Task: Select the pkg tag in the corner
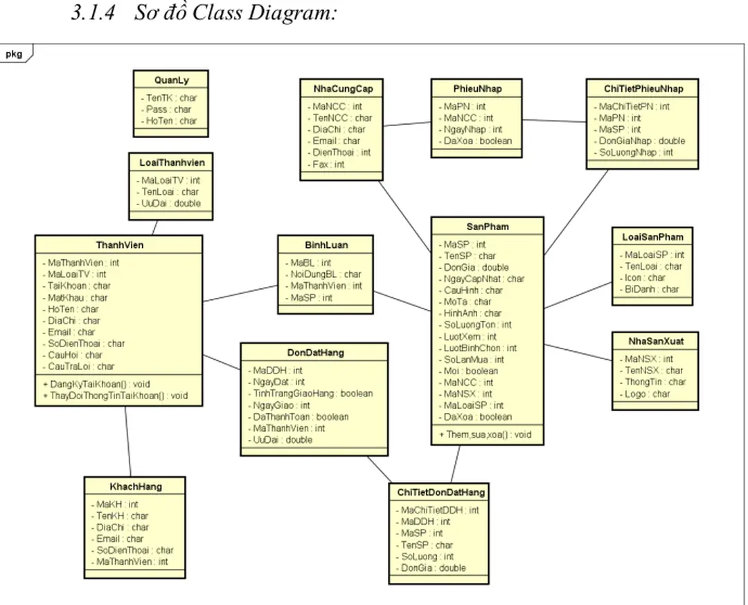15,53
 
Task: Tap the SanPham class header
487,227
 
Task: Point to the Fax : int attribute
328,164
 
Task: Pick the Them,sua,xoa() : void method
485,435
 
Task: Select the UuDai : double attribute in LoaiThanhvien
171,203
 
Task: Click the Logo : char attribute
647,394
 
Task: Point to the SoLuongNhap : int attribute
636,152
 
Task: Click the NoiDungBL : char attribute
326,274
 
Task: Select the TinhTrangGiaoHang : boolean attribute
312,394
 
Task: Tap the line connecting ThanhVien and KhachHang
127,441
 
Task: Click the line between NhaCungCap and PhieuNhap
407,124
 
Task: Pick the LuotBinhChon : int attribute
480,348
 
